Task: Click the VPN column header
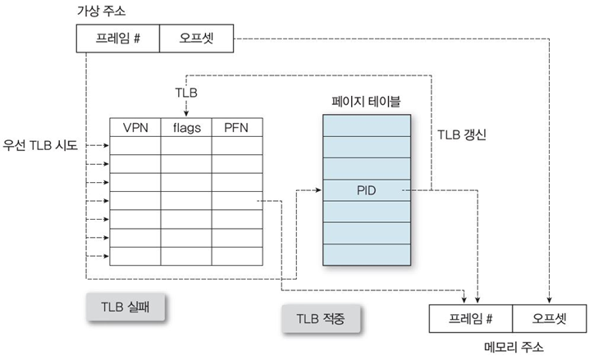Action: (x=135, y=127)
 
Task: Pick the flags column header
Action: (x=186, y=127)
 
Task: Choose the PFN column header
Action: (x=235, y=127)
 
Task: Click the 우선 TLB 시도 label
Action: (x=40, y=145)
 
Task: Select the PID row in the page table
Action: (x=365, y=190)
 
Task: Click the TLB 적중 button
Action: (x=322, y=317)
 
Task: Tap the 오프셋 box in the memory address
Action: (x=547, y=317)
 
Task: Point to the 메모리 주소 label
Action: (x=509, y=347)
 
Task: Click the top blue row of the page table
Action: (x=365, y=125)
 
